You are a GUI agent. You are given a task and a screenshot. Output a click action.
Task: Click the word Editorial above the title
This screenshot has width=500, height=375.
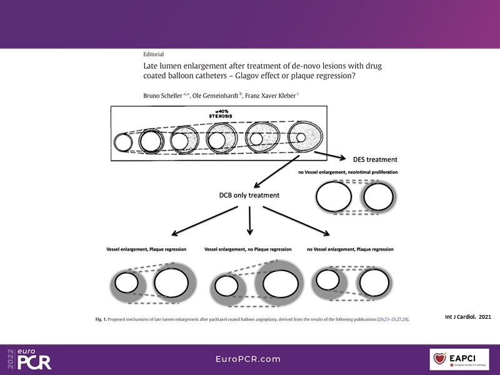pyautogui.click(x=154, y=54)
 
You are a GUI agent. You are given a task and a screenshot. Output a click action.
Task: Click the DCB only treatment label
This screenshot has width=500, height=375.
pyautogui.click(x=249, y=195)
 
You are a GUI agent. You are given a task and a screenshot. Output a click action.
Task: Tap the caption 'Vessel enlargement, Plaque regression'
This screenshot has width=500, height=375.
pyautogui.click(x=149, y=249)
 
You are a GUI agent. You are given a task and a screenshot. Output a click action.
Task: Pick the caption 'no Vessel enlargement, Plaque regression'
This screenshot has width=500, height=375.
pyautogui.click(x=351, y=249)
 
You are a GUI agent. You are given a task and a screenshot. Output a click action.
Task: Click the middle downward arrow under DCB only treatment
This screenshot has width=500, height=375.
pyautogui.click(x=250, y=219)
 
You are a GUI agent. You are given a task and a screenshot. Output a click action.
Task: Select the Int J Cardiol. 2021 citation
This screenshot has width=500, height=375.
pyautogui.click(x=467, y=317)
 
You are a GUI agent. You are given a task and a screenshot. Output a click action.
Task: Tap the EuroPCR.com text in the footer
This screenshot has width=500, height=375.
pyautogui.click(x=249, y=359)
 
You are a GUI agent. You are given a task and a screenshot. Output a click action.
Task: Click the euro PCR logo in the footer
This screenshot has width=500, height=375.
pyautogui.click(x=30, y=358)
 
